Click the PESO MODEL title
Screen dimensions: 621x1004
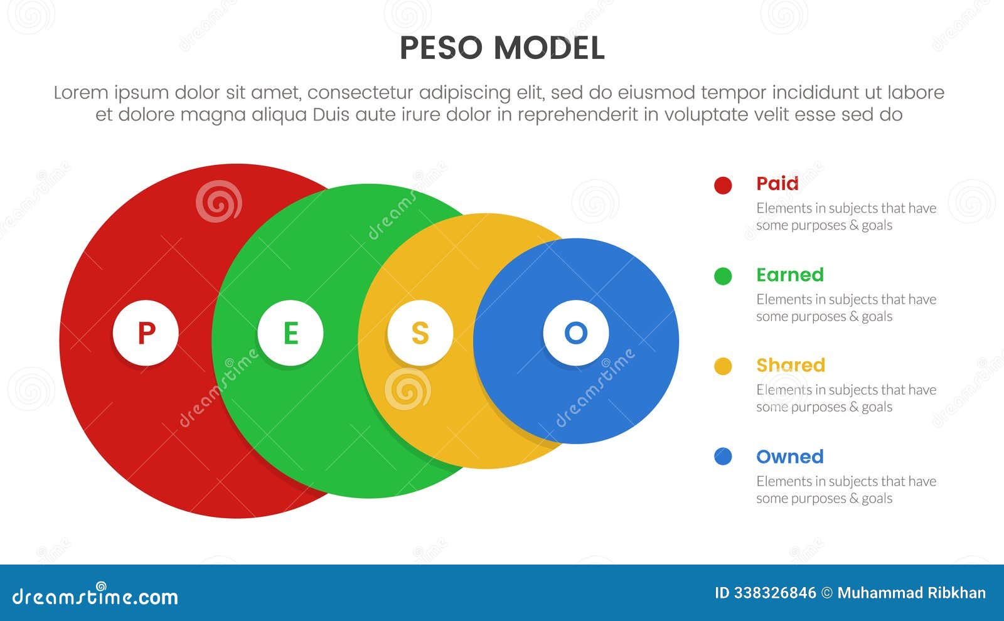(502, 48)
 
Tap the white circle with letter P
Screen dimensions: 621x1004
(146, 332)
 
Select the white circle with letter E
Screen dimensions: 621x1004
(291, 332)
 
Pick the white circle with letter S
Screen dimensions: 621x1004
(420, 332)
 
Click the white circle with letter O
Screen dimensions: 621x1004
(575, 332)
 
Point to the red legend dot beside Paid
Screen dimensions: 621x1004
(723, 185)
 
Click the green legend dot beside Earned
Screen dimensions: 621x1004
(723, 276)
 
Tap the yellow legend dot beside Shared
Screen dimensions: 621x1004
(723, 366)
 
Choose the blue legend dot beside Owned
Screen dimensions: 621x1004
(723, 457)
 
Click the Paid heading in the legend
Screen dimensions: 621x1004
(777, 183)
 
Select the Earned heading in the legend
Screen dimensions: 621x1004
(789, 275)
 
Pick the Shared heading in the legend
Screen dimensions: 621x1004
(790, 365)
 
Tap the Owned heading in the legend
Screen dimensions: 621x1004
(789, 457)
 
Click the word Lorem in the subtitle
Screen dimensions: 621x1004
(81, 93)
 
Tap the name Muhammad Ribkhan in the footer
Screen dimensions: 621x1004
(911, 593)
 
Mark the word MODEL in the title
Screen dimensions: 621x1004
(549, 48)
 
